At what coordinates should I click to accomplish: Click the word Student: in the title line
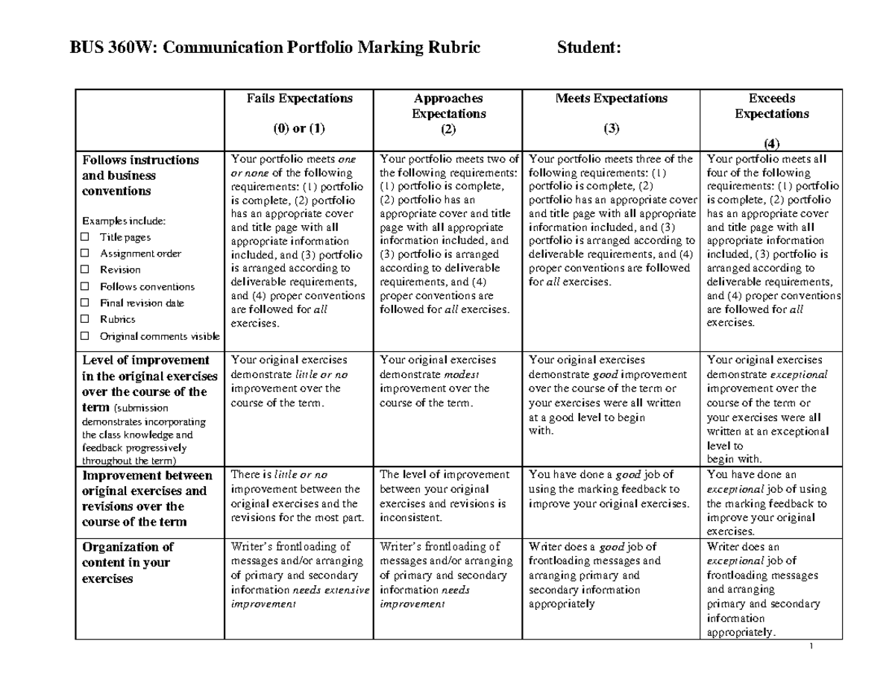tap(588, 49)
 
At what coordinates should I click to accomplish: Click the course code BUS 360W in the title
tap(113, 49)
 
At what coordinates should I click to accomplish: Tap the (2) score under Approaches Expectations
tap(447, 129)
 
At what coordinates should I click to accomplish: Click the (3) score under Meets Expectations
tap(612, 129)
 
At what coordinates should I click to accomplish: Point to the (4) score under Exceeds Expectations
tap(771, 144)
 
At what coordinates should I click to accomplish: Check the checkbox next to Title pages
tap(85, 238)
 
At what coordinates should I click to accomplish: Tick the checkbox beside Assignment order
tap(85, 254)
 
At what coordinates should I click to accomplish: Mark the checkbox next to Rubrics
tap(85, 320)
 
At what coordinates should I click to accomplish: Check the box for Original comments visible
tap(85, 336)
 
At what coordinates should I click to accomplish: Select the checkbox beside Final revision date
tap(85, 303)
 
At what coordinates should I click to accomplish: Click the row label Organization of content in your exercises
tap(127, 563)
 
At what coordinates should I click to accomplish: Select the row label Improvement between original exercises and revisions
tap(146, 499)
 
